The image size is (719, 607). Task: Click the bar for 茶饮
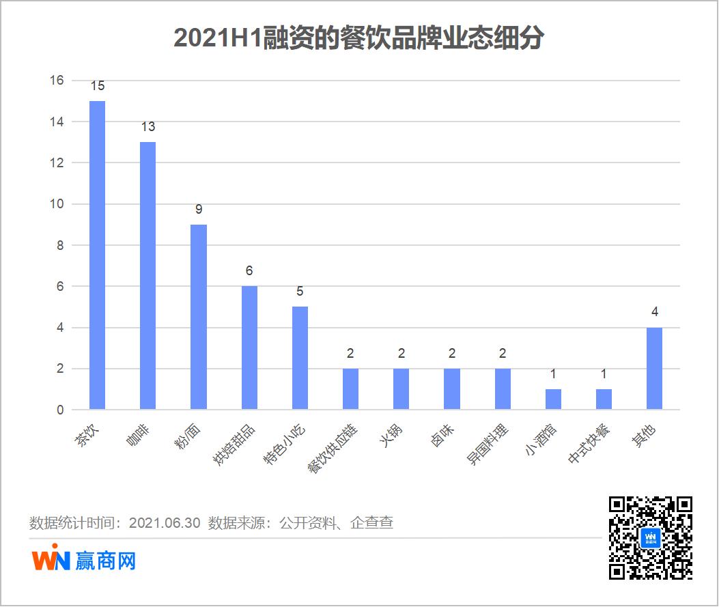pyautogui.click(x=98, y=255)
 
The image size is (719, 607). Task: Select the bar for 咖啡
pyautogui.click(x=148, y=276)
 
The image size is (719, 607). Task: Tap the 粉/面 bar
pyautogui.click(x=199, y=317)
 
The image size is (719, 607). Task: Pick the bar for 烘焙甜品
pyautogui.click(x=249, y=348)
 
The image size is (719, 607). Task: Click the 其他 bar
pyautogui.click(x=654, y=369)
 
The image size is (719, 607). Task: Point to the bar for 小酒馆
pyautogui.click(x=553, y=399)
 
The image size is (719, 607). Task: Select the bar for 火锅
pyautogui.click(x=401, y=389)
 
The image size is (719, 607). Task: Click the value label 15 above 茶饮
pyautogui.click(x=98, y=86)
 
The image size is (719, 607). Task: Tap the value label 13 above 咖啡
pyautogui.click(x=148, y=127)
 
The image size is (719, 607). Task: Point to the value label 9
pyautogui.click(x=199, y=210)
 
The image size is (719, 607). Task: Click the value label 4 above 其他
pyautogui.click(x=654, y=313)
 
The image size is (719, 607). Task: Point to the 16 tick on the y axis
pyautogui.click(x=56, y=81)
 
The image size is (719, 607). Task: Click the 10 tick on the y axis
pyautogui.click(x=56, y=204)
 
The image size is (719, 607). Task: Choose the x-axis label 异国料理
pyautogui.click(x=488, y=444)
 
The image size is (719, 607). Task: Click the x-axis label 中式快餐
pyautogui.click(x=589, y=444)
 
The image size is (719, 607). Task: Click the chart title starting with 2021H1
pyautogui.click(x=358, y=38)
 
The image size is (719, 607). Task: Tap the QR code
pyautogui.click(x=650, y=537)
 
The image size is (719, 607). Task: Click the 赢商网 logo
pyautogui.click(x=84, y=561)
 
